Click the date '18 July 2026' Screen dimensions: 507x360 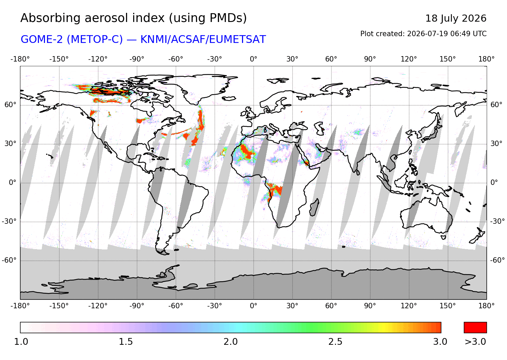[456, 19]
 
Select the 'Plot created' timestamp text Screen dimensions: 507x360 [423, 34]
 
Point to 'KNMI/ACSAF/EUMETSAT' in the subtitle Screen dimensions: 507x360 [203, 39]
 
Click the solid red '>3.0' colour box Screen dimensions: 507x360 [475, 328]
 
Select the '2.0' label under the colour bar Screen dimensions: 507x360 [231, 342]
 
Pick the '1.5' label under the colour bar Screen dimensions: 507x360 [126, 342]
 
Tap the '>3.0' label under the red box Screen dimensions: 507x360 [475, 342]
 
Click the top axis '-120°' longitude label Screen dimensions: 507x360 [98, 59]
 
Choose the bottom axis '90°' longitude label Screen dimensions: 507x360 [370, 306]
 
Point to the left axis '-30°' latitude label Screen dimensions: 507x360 [9, 221]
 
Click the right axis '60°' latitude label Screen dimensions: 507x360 [497, 105]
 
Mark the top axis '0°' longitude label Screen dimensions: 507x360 [254, 59]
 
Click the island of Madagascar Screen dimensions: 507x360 [314, 208]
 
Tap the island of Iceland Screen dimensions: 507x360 [229, 98]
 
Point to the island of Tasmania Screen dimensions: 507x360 [443, 237]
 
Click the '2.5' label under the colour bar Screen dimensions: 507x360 [335, 342]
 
